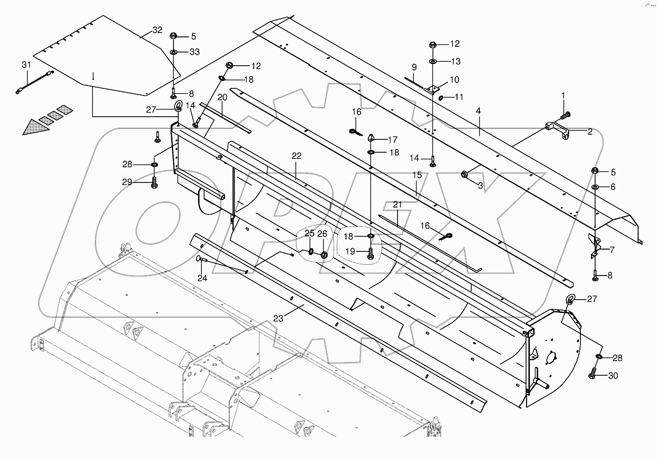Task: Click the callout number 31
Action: coord(26,64)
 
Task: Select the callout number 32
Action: coord(157,30)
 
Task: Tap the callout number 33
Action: coord(194,52)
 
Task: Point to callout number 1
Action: coord(563,95)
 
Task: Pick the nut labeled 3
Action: coord(465,175)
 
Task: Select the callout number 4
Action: coord(478,111)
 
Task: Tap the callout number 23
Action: coord(278,319)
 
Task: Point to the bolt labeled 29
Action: coord(155,183)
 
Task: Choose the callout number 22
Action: coord(296,156)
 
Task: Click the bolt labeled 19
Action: coord(371,253)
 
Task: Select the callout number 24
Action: coord(202,278)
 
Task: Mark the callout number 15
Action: coord(416,175)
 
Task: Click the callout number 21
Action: coord(398,204)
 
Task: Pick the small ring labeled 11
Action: coord(441,98)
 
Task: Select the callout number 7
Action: coord(612,250)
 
